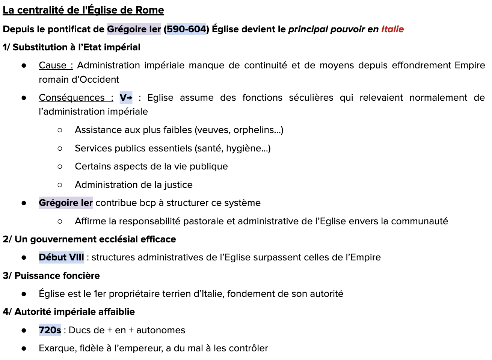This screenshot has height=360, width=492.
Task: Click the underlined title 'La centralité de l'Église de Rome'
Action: click(83, 10)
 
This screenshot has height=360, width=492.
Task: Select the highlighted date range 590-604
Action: click(187, 29)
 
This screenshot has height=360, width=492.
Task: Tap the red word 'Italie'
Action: click(392, 29)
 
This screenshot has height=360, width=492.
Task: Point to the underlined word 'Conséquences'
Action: click(71, 98)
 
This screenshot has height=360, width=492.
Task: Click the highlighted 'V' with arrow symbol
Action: click(126, 98)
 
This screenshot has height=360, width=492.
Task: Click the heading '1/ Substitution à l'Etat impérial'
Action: click(71, 47)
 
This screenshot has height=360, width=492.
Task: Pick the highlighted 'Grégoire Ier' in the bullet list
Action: click(66, 203)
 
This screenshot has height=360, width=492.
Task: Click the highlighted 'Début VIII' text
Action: click(61, 257)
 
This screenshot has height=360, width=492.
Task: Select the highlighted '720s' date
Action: click(50, 330)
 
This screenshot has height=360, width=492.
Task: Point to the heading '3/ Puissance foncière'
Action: click(51, 276)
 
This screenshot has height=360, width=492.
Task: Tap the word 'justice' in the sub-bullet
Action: click(178, 185)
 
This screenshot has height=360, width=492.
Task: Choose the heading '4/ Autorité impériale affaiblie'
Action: click(69, 312)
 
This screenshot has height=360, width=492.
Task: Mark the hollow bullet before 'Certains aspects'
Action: click(60, 166)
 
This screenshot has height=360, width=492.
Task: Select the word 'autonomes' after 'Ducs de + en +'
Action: click(161, 330)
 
